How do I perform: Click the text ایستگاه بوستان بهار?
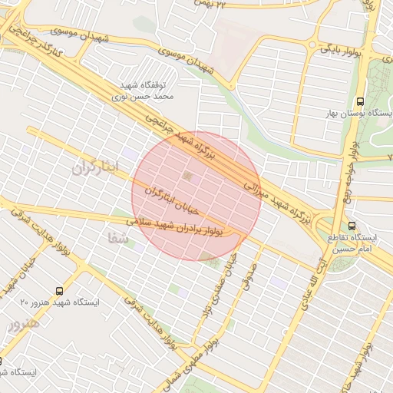coord(360,114)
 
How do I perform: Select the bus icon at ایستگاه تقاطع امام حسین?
coord(352,226)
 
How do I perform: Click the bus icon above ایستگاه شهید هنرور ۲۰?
coord(60,291)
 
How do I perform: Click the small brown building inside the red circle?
coord(189,179)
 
